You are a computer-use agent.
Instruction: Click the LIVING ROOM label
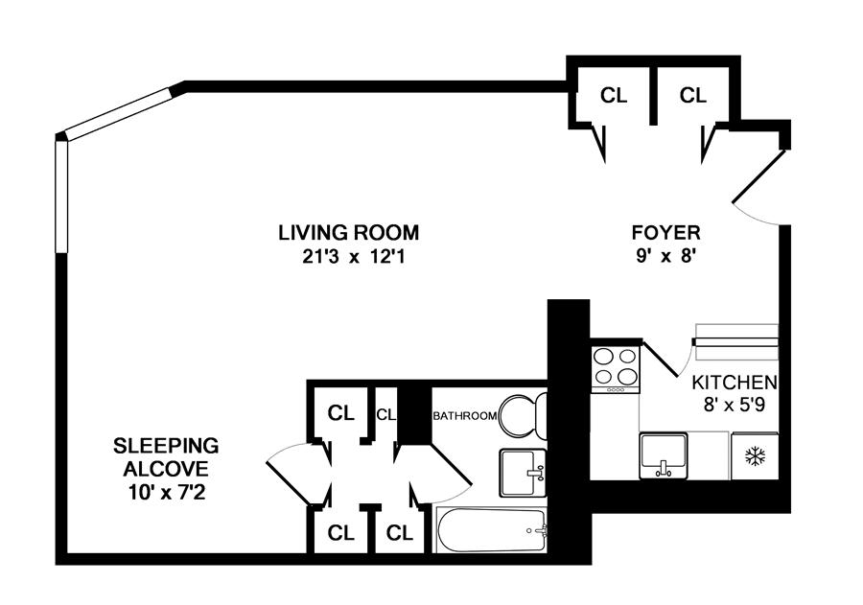pos(348,232)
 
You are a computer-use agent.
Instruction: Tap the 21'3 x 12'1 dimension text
pos(348,256)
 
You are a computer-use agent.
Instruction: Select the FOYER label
pos(665,232)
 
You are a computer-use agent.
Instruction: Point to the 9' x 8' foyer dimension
pos(665,256)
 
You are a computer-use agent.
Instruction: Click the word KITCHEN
pos(735,381)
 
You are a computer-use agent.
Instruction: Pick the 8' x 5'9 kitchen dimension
pos(735,404)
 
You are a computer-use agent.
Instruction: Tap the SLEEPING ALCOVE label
pos(166,457)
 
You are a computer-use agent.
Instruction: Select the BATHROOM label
pos(465,416)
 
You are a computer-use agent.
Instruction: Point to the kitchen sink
pos(664,454)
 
